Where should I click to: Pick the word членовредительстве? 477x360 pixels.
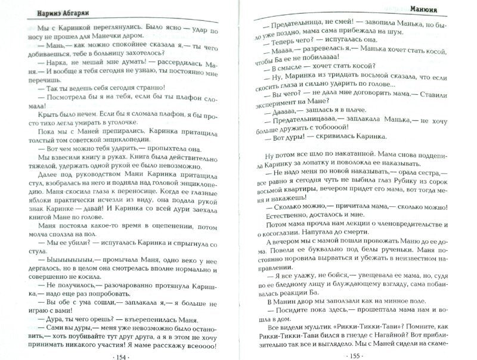(x=408, y=228)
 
